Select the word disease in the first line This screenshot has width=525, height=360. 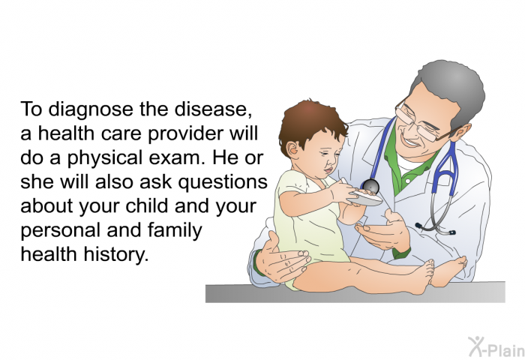tap(213, 109)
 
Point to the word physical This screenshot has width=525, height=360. tap(105, 158)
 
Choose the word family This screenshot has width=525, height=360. tap(175, 231)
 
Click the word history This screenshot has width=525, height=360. tap(115, 254)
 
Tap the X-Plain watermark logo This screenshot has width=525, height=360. tap(496, 346)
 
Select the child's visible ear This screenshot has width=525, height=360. tap(292, 149)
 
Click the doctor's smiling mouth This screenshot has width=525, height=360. tap(410, 142)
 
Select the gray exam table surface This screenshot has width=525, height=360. tap(355, 293)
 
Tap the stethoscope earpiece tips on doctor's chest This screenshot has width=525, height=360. tap(435, 229)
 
